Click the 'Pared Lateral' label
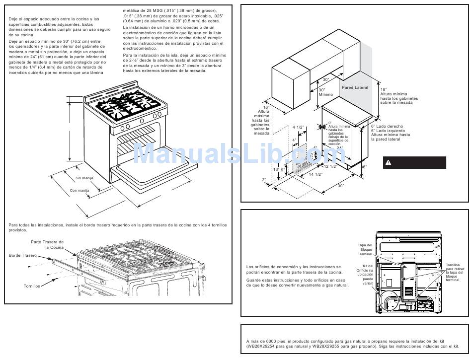355,87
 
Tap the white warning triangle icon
389,163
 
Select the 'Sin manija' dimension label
84,178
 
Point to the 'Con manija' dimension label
79,190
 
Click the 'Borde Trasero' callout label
23,255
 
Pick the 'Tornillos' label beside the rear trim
31,286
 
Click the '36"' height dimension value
363,167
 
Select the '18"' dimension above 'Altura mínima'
384,89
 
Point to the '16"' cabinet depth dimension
266,107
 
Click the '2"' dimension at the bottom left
264,179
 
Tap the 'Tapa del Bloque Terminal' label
365,249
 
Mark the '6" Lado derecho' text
387,126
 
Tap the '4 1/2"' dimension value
298,128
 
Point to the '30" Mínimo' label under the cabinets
325,92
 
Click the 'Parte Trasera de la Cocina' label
47,244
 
